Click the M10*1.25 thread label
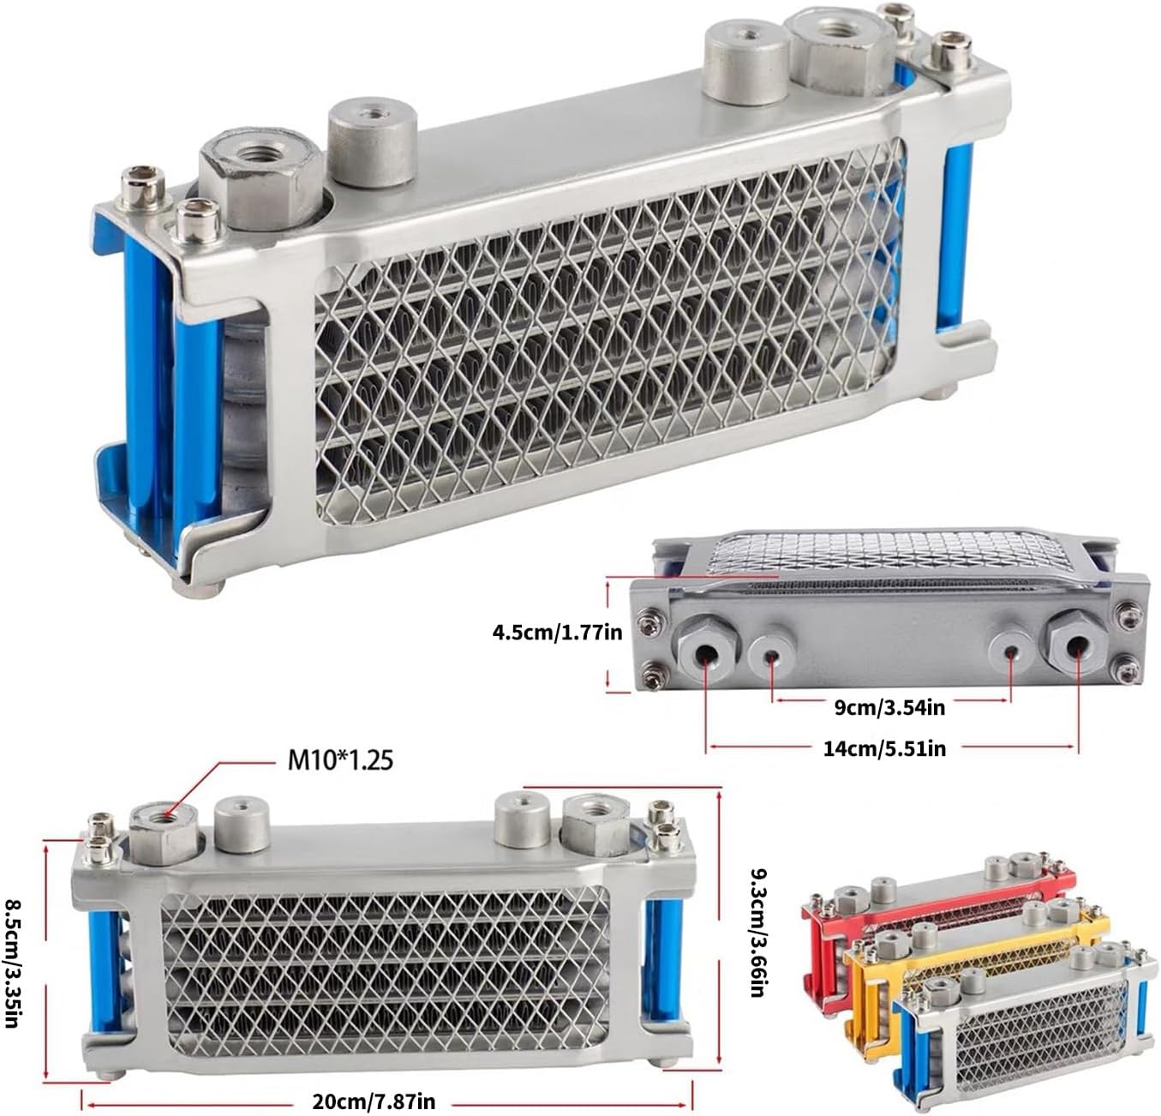coord(340,761)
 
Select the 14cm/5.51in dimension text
coord(884,748)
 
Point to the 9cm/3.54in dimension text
coord(889,708)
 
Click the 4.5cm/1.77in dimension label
coord(557,632)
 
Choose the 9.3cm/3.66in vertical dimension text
coord(757,933)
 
